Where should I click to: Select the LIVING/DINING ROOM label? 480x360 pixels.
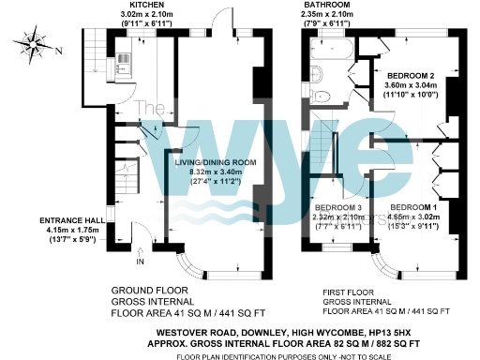point(214,162)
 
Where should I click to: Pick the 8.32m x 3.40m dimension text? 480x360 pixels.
point(214,172)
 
